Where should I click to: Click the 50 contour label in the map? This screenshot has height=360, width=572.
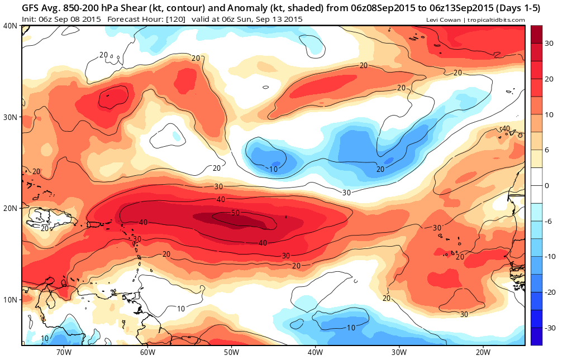[235, 213]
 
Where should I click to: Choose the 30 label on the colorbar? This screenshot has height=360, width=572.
[549, 44]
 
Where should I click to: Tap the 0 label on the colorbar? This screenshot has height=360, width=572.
[546, 186]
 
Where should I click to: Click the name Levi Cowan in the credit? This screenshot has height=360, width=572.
[444, 20]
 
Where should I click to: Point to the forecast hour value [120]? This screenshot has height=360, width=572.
[176, 20]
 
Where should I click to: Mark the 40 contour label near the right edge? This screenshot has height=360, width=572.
[506, 128]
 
